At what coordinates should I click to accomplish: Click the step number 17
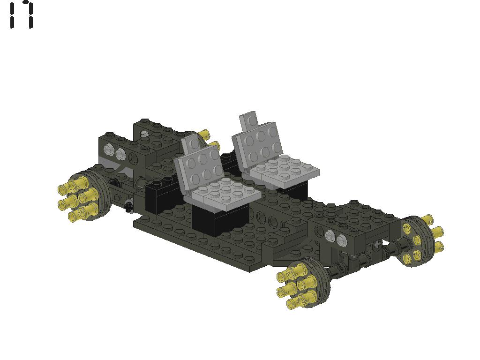click(x=21, y=15)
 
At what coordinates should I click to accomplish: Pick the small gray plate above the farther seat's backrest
click(x=248, y=121)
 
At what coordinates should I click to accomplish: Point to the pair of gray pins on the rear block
click(x=115, y=151)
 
